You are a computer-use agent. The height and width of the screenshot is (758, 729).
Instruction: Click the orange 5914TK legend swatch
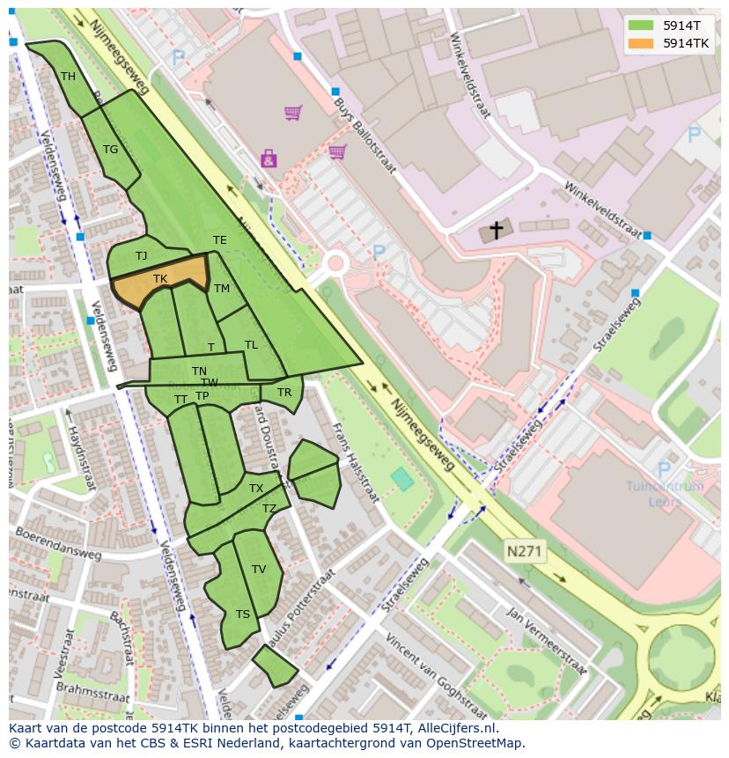tap(642, 43)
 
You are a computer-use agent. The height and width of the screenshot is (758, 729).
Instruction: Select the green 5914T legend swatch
tap(642, 26)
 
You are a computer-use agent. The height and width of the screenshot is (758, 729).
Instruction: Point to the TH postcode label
tap(68, 77)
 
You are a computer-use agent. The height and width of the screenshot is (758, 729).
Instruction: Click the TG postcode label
tap(110, 150)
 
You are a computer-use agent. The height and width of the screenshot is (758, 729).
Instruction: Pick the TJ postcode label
tap(141, 256)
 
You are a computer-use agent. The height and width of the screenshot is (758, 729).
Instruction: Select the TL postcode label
tap(251, 345)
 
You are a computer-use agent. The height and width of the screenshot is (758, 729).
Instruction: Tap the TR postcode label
tap(283, 393)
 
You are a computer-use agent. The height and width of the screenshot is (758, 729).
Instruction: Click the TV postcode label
tap(259, 570)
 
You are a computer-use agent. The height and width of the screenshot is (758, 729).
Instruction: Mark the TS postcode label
tap(242, 614)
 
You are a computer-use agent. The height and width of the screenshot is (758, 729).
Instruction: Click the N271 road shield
tap(526, 552)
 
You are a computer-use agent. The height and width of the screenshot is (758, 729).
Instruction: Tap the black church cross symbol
tap(497, 231)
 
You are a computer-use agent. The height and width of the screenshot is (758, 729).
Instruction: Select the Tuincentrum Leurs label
tap(665, 493)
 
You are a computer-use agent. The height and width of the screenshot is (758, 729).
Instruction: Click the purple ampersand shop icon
tap(268, 158)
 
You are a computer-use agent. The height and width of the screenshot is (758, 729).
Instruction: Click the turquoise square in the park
tap(401, 480)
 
